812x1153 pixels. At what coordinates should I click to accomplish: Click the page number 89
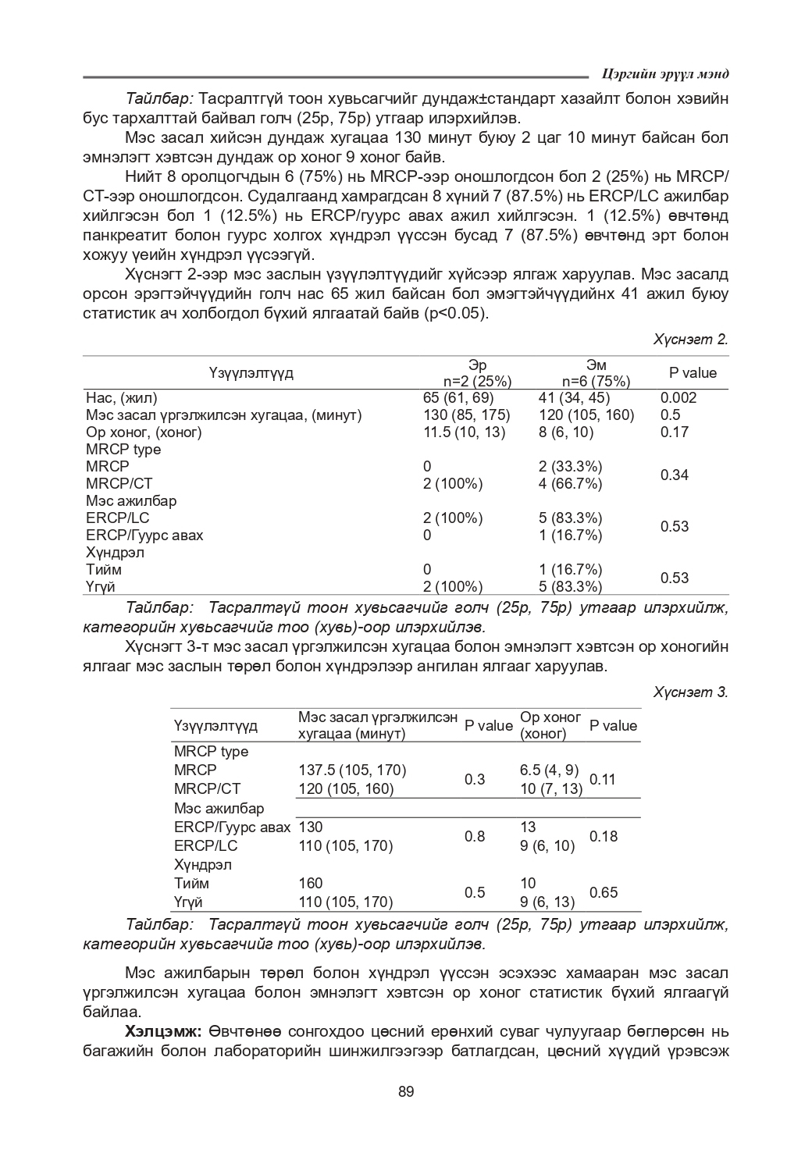pos(405,1091)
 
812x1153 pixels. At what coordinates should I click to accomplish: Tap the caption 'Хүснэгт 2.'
pos(690,339)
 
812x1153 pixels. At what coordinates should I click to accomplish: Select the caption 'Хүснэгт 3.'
pos(690,692)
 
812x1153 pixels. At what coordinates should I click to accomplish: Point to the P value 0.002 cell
pos(678,397)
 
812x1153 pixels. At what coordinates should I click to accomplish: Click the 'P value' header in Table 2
pos(693,372)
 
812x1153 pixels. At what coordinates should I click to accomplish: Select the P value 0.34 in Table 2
pos(675,475)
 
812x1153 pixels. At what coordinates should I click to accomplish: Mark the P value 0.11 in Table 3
pos(603,779)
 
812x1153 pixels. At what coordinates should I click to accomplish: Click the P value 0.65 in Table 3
pos(603,892)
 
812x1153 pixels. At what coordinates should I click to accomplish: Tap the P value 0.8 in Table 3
pos(475,836)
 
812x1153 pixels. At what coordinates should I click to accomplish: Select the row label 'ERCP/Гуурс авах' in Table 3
pos(232,827)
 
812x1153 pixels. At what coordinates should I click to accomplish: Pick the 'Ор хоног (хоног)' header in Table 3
pos(550,725)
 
